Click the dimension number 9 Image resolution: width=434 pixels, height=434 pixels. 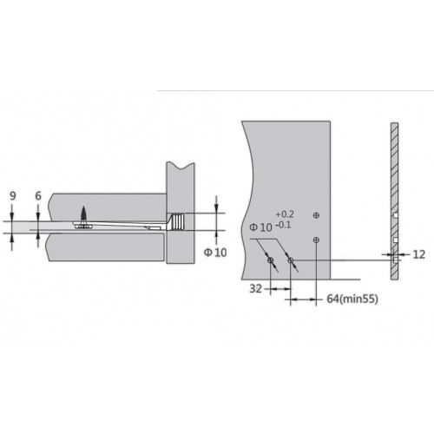tap(13, 196)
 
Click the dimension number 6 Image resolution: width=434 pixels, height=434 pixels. tap(38, 196)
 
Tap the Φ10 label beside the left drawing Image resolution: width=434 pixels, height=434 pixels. tap(215, 253)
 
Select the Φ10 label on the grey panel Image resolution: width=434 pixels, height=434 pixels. tap(260, 227)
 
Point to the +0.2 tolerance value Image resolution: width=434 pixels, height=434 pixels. tap(285, 214)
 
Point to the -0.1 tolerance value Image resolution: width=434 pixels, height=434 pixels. tap(284, 225)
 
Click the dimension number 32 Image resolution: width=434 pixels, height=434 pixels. tap(255, 289)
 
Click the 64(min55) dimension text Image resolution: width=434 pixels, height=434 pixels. tap(352, 299)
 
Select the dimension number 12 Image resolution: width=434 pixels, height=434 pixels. tap(418, 254)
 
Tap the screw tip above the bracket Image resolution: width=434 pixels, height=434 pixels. tap(83, 207)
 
